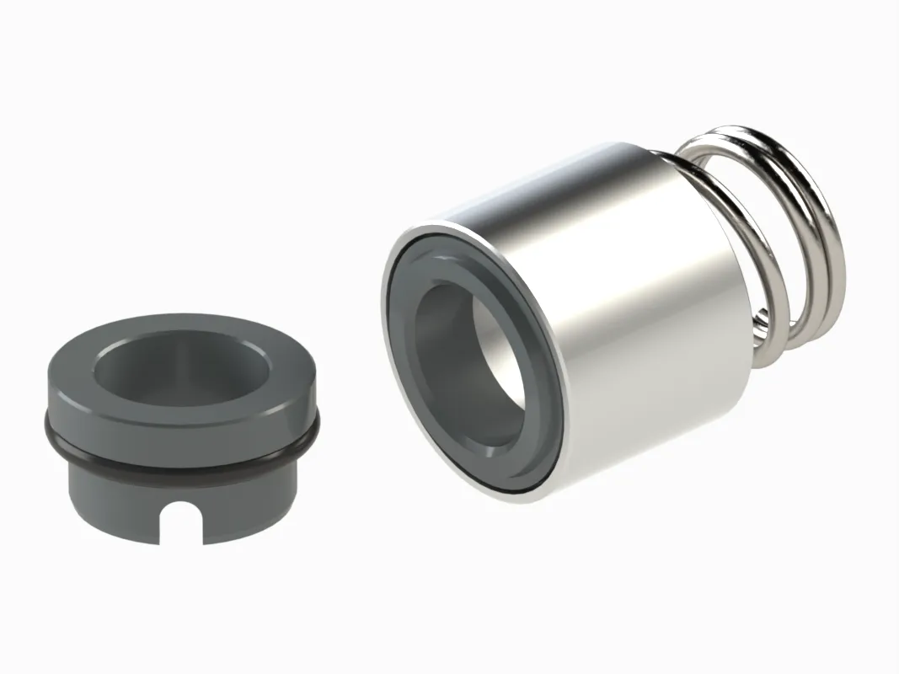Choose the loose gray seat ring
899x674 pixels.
(181, 421)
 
